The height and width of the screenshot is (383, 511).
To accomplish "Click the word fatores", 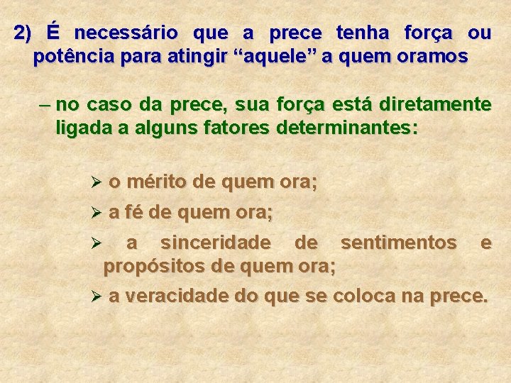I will (238, 128).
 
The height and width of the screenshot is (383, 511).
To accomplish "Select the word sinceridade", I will (215, 243).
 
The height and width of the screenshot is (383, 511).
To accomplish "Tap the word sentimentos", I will (398, 243).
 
